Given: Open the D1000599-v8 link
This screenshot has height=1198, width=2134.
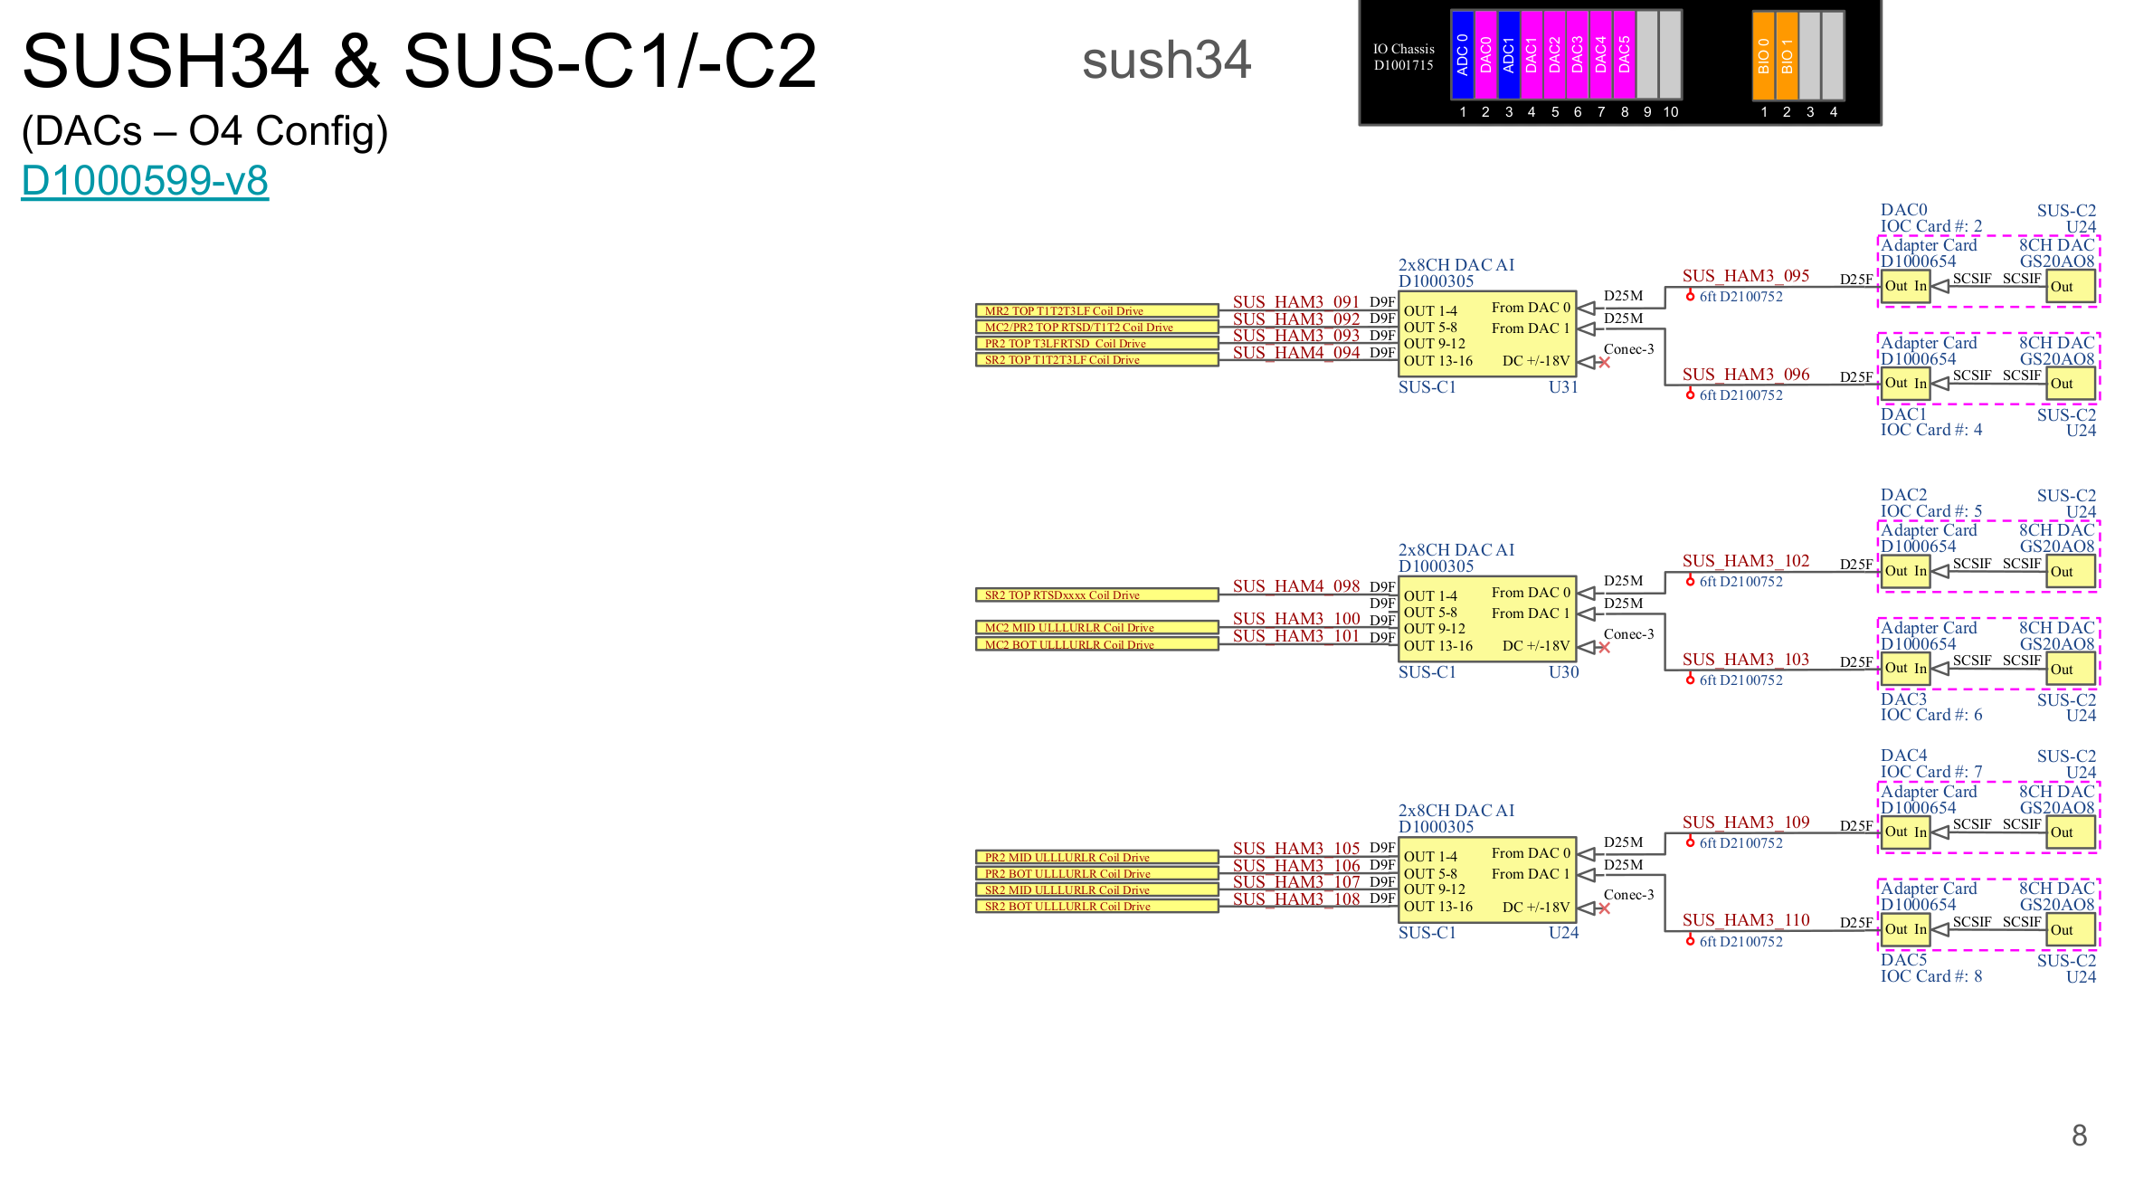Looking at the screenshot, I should click(x=145, y=180).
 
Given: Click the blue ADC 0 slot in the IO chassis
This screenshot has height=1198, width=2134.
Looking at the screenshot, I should click(x=1462, y=54).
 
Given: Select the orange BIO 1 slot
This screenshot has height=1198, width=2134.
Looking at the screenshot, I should click(x=1787, y=54).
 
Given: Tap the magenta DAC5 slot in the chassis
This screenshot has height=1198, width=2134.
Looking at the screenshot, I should click(x=1624, y=54).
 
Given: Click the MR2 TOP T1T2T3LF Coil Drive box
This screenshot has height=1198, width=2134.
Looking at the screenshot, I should click(x=1096, y=310).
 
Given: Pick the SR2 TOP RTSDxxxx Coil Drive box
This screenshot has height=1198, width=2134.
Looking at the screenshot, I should click(x=1096, y=595).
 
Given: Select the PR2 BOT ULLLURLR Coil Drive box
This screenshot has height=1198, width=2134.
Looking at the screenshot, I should click(x=1096, y=874).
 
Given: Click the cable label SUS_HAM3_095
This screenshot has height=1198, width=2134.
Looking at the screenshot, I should click(x=1746, y=276).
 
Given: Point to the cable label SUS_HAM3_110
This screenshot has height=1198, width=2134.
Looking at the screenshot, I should click(x=1746, y=920).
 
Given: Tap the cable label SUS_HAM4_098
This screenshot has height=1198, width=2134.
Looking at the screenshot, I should click(x=1296, y=586).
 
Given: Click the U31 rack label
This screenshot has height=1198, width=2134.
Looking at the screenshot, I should click(x=1563, y=387).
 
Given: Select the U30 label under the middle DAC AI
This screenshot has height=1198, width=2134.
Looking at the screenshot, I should click(x=1563, y=672).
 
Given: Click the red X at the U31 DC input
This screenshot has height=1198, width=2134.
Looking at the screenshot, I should click(x=1605, y=363).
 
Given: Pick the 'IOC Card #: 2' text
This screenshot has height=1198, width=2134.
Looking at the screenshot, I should click(x=1931, y=226).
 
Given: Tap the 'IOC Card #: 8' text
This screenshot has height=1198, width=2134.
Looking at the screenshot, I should click(x=1931, y=976).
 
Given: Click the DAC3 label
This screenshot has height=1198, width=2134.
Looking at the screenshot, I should click(x=1903, y=699).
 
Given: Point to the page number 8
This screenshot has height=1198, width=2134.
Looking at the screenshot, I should click(x=2079, y=1136).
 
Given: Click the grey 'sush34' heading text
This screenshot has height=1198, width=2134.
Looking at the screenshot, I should click(x=1166, y=60).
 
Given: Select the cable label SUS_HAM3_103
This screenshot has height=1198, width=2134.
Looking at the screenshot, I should click(x=1746, y=660).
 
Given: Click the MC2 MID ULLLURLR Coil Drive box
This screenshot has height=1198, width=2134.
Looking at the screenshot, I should click(x=1096, y=628).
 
